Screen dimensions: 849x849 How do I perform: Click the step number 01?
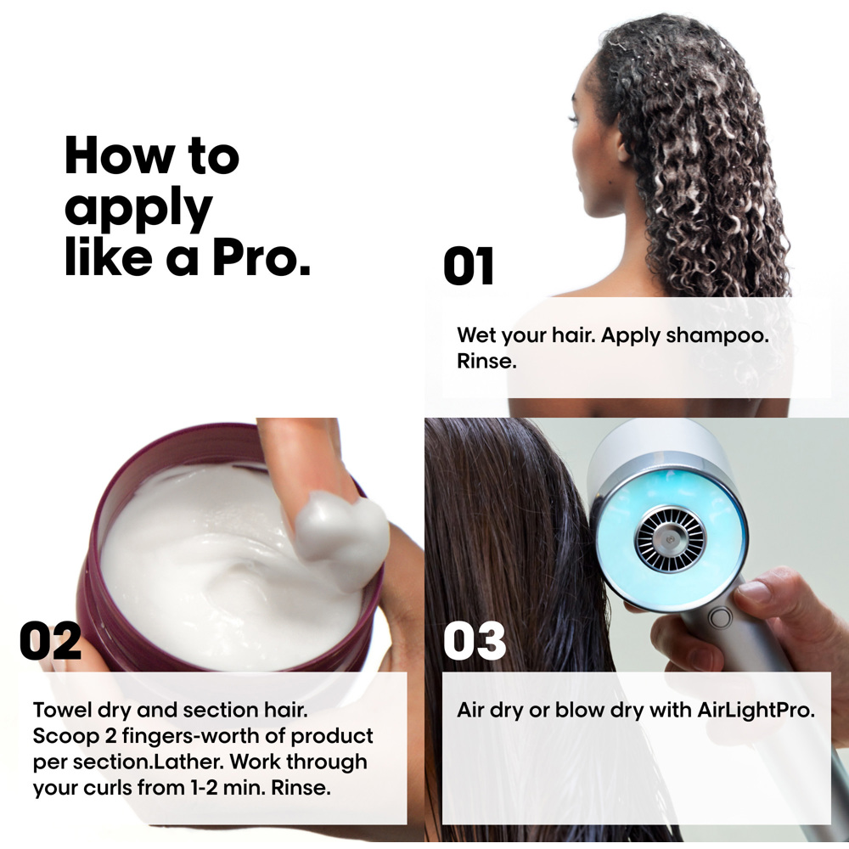(x=469, y=267)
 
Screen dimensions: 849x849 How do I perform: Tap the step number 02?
(x=51, y=641)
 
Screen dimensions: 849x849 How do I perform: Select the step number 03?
(x=475, y=641)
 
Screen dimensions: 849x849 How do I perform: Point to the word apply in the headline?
(x=138, y=209)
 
